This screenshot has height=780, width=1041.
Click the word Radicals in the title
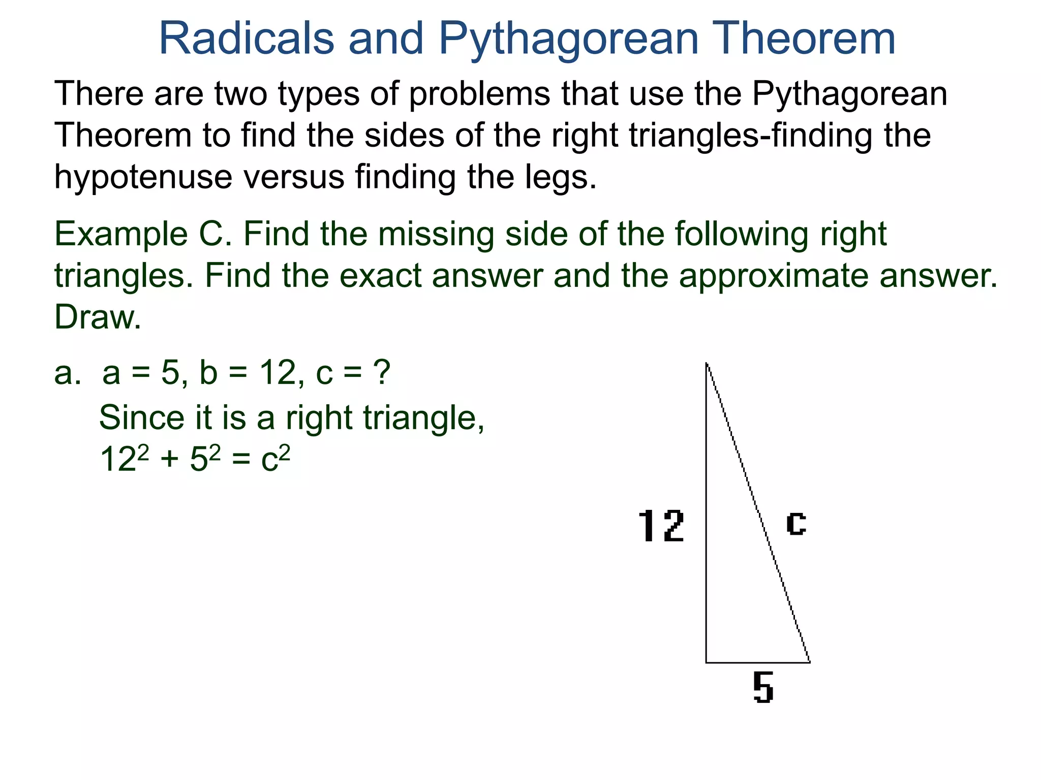tap(247, 39)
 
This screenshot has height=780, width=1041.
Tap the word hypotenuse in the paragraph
tap(143, 177)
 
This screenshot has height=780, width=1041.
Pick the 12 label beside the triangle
tap(661, 527)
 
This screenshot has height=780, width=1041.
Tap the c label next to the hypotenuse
tap(796, 523)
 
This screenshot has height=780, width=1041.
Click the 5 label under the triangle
tap(763, 688)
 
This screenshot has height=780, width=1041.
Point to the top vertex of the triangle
tap(707, 363)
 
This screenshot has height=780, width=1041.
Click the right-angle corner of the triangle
tap(707, 662)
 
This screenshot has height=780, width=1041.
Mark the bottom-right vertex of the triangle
tap(809, 662)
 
